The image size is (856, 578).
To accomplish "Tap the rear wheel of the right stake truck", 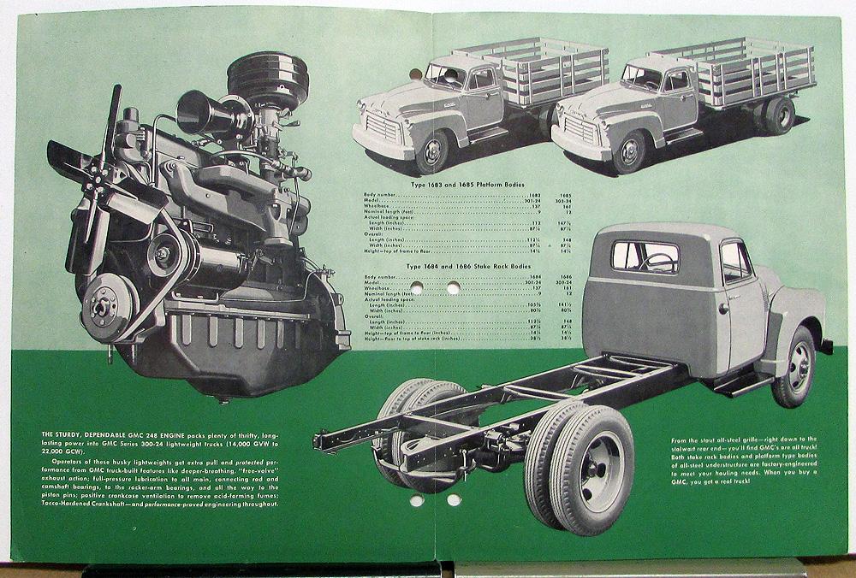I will [x=778, y=115].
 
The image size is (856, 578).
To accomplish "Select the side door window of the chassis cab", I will [x=734, y=260].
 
